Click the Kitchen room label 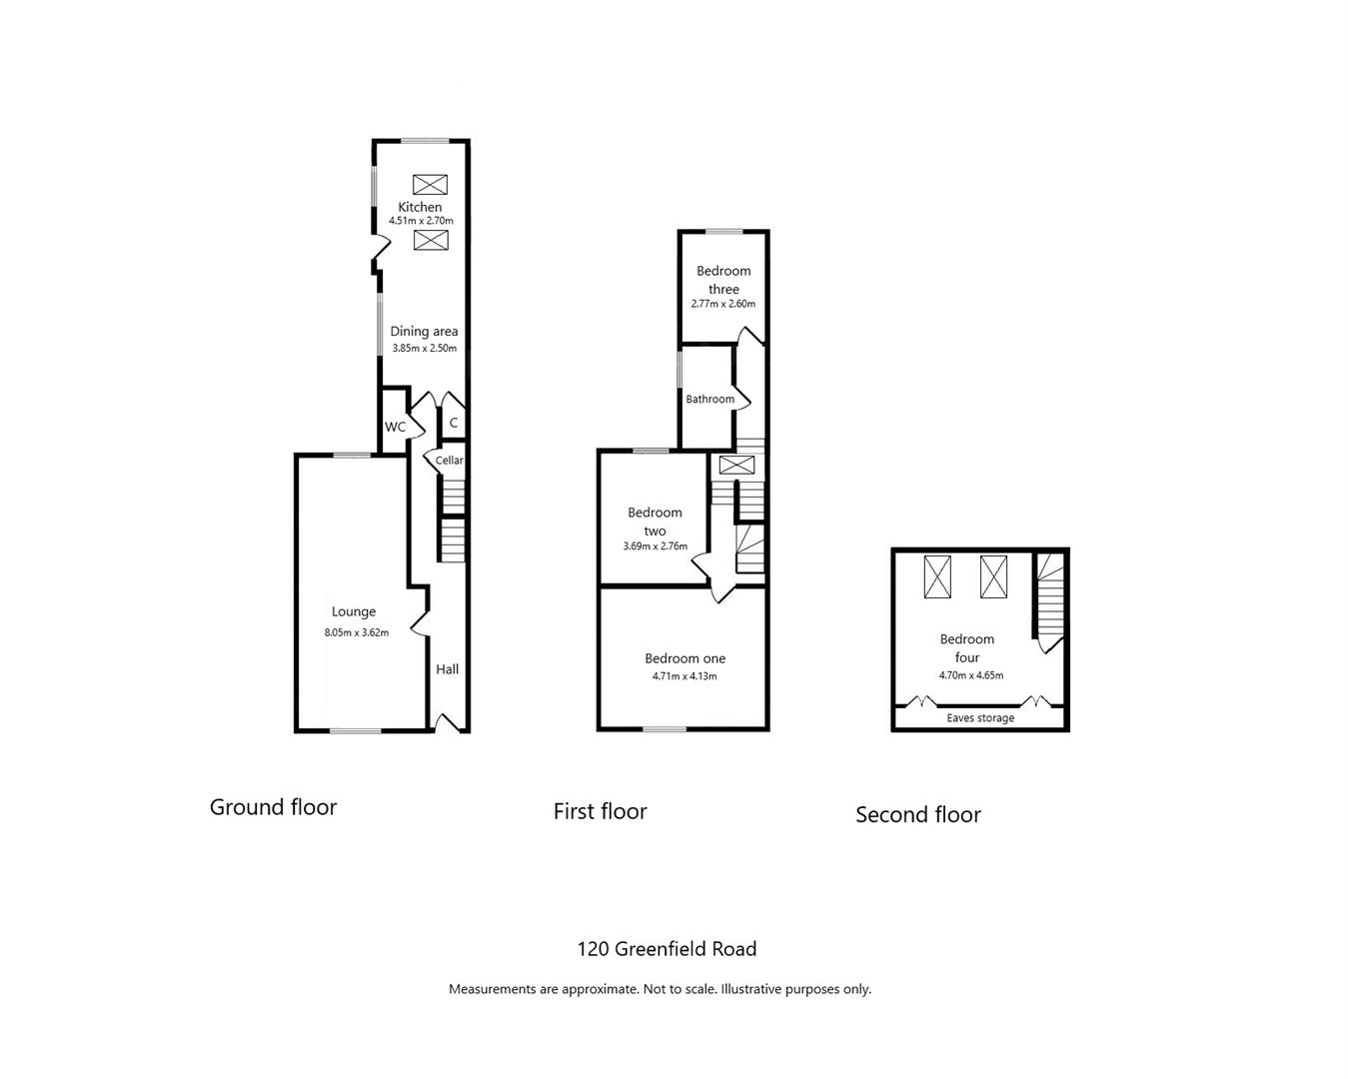click(420, 207)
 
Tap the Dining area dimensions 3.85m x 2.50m click(424, 349)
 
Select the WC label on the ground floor click(395, 427)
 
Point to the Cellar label click(449, 461)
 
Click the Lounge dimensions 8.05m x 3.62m click(357, 632)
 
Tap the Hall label click(448, 669)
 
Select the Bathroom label click(709, 399)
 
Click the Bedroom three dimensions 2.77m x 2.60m click(722, 304)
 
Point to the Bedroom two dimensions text click(656, 546)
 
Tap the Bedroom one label click(685, 658)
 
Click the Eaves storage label click(980, 718)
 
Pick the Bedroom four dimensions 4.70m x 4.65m click(971, 675)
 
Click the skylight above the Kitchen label click(431, 185)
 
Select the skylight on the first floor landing click(736, 465)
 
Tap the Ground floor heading click(273, 807)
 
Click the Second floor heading click(918, 814)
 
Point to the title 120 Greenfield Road click(667, 949)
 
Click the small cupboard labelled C click(454, 422)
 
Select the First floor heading click(601, 811)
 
